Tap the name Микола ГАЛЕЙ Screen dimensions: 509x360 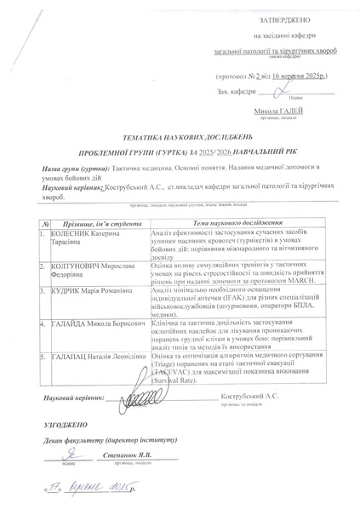pyautogui.click(x=280, y=111)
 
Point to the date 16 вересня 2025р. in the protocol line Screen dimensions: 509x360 pyautogui.click(x=299, y=76)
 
